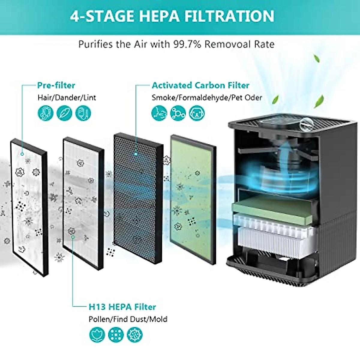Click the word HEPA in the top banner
pyautogui.click(x=159, y=16)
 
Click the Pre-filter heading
pyautogui.click(x=56, y=85)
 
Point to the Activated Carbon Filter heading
pyautogui.click(x=200, y=85)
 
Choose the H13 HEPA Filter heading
pyautogui.click(x=122, y=307)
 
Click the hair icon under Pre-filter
pyautogui.click(x=46, y=113)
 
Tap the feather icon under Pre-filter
pyautogui.click(x=64, y=113)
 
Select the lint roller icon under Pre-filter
pyautogui.click(x=83, y=113)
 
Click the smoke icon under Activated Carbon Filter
pyautogui.click(x=159, y=113)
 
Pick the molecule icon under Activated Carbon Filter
pyautogui.click(x=178, y=113)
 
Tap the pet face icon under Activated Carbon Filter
pyautogui.click(x=197, y=113)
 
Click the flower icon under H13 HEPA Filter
pyautogui.click(x=97, y=334)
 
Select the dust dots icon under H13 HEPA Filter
pyautogui.click(x=116, y=334)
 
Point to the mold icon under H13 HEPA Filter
pyautogui.click(x=135, y=334)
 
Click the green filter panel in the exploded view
pyautogui.click(x=193, y=199)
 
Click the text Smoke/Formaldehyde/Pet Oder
pyautogui.click(x=207, y=98)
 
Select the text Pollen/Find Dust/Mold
pyautogui.click(x=128, y=319)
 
